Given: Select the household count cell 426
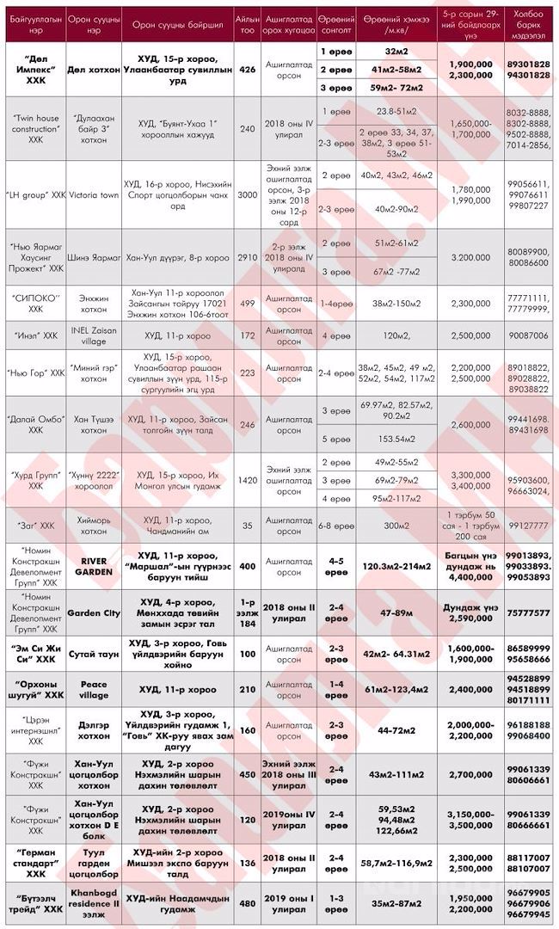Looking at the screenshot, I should click(x=248, y=69).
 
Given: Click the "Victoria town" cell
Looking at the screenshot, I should click(x=98, y=195).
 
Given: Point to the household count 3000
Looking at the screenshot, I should click(x=248, y=195).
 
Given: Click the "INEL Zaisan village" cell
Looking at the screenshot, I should click(x=98, y=334).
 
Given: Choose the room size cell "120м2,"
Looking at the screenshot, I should click(x=396, y=334).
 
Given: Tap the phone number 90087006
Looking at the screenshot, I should click(x=528, y=334).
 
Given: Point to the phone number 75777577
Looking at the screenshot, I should click(x=528, y=612).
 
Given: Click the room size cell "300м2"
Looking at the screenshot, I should click(x=396, y=524).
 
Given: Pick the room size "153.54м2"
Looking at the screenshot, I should click(x=396, y=439).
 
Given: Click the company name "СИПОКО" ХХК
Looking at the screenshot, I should click(x=35, y=303).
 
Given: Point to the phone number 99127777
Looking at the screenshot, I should click(x=528, y=524).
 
